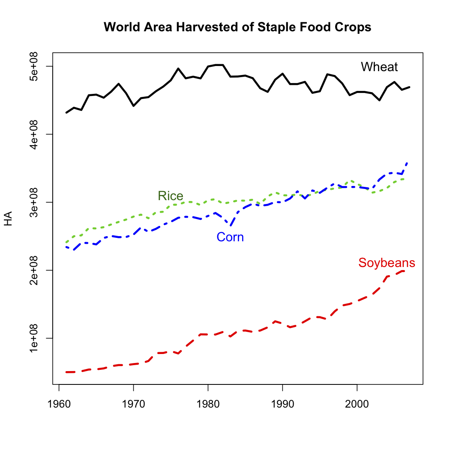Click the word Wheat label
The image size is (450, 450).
click(x=379, y=67)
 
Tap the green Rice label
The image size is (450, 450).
click(x=171, y=196)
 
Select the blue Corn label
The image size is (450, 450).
click(x=230, y=237)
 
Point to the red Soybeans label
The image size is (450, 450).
click(x=387, y=263)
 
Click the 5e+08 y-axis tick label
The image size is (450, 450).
click(x=42, y=66)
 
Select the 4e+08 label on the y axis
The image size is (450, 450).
click(x=42, y=134)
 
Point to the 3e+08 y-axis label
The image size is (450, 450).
click(x=42, y=202)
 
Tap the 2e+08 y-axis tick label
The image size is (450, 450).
click(x=42, y=270)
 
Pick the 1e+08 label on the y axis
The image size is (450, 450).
click(x=42, y=338)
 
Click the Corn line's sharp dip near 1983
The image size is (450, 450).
click(x=230, y=225)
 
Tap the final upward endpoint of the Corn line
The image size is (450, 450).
click(x=407, y=163)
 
